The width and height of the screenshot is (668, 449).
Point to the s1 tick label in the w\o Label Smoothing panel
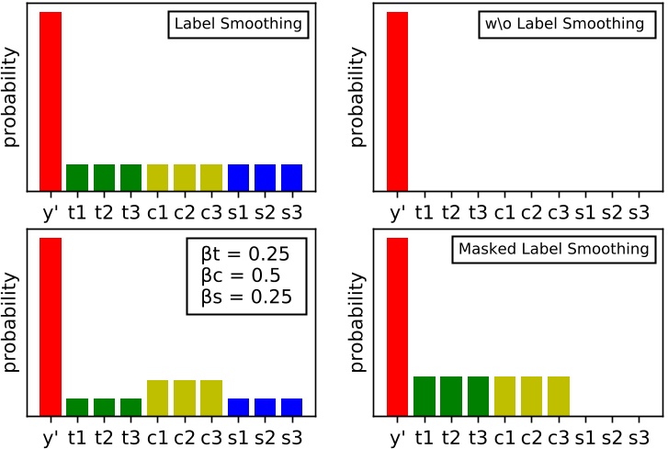click(x=585, y=213)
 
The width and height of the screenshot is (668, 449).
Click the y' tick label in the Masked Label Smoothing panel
click(x=398, y=438)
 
